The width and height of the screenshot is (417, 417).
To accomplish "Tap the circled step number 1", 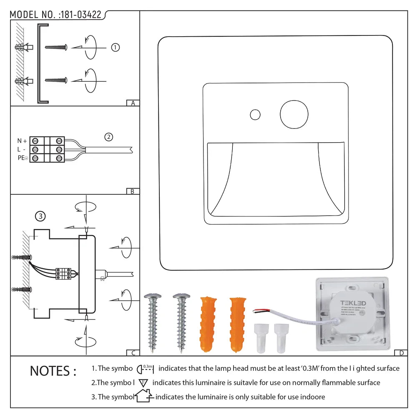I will tap(116, 48).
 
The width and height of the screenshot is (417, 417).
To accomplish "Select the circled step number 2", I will tap(108, 137).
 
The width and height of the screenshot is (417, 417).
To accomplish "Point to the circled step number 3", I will tap(40, 216).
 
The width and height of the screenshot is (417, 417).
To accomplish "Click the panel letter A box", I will tap(133, 103).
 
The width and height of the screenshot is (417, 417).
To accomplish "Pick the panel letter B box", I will tap(133, 191).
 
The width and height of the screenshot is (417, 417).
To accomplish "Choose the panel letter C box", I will tap(133, 353).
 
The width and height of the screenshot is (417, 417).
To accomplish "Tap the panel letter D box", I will tap(401, 353).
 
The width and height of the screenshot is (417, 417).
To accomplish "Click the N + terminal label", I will tap(22, 141).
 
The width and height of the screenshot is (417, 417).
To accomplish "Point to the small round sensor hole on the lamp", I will tap(255, 114).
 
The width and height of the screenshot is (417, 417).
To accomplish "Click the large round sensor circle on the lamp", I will tap(294, 113).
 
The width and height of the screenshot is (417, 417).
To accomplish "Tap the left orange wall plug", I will tap(208, 324).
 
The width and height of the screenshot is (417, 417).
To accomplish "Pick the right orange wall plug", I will tap(237, 324).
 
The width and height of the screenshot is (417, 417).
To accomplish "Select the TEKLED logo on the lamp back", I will tap(353, 303).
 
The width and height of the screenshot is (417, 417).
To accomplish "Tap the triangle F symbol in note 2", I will tap(143, 382).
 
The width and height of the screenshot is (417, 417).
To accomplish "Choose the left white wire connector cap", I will tap(261, 338).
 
